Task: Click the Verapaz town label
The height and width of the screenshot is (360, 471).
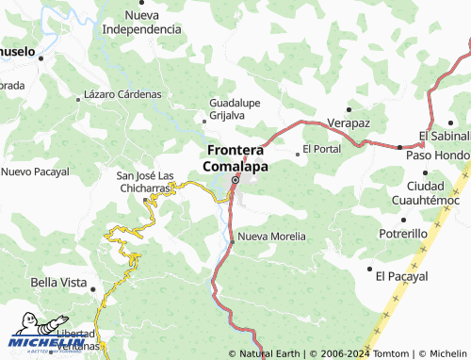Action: pos(349,123)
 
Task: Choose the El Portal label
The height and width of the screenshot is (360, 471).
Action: pos(322,150)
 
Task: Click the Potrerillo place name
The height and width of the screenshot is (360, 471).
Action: pos(402,233)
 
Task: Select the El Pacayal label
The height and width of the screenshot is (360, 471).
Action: pos(401,276)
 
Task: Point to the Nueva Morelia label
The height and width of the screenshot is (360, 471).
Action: pos(272,236)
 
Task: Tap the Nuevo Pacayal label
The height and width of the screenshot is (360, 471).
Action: pos(35,172)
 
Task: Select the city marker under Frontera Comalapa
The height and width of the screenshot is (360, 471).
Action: pos(235,179)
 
